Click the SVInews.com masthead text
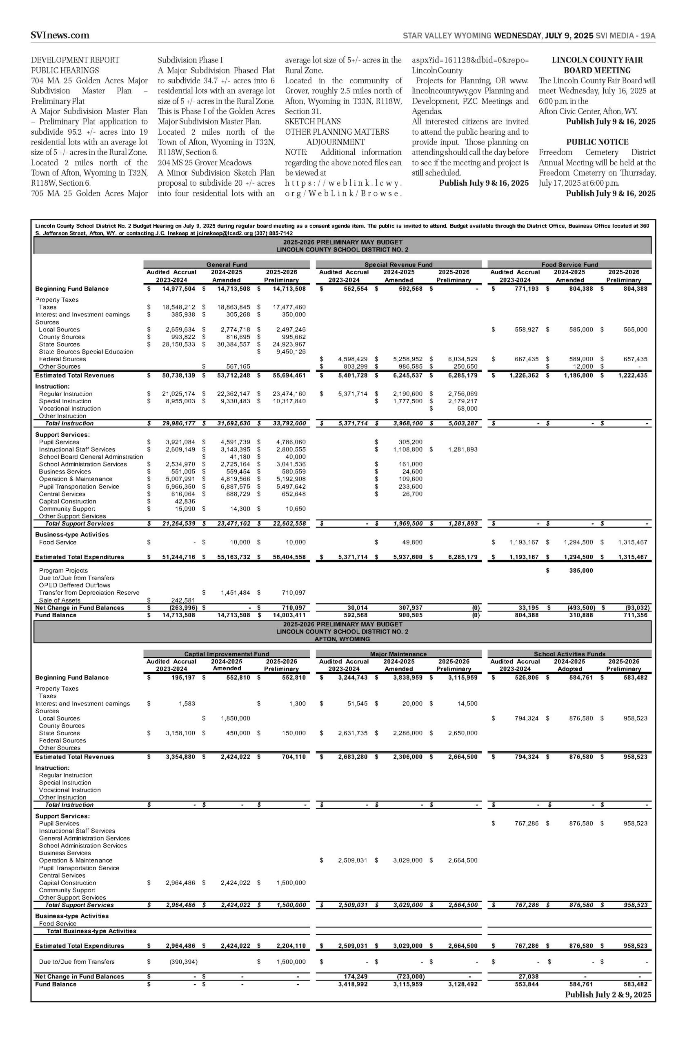[60, 36]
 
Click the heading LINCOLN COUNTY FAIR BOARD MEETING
[597, 65]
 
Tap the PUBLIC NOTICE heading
[597, 142]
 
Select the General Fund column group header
[227, 265]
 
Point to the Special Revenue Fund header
[398, 265]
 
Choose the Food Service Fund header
[569, 265]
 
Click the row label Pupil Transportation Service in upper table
[79, 486]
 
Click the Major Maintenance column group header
[398, 654]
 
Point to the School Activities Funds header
[569, 654]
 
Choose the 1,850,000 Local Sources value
[235, 718]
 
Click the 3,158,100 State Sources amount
[180, 733]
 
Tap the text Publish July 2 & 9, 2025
[608, 994]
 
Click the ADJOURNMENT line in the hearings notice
[336, 142]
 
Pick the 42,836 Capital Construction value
[185, 501]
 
